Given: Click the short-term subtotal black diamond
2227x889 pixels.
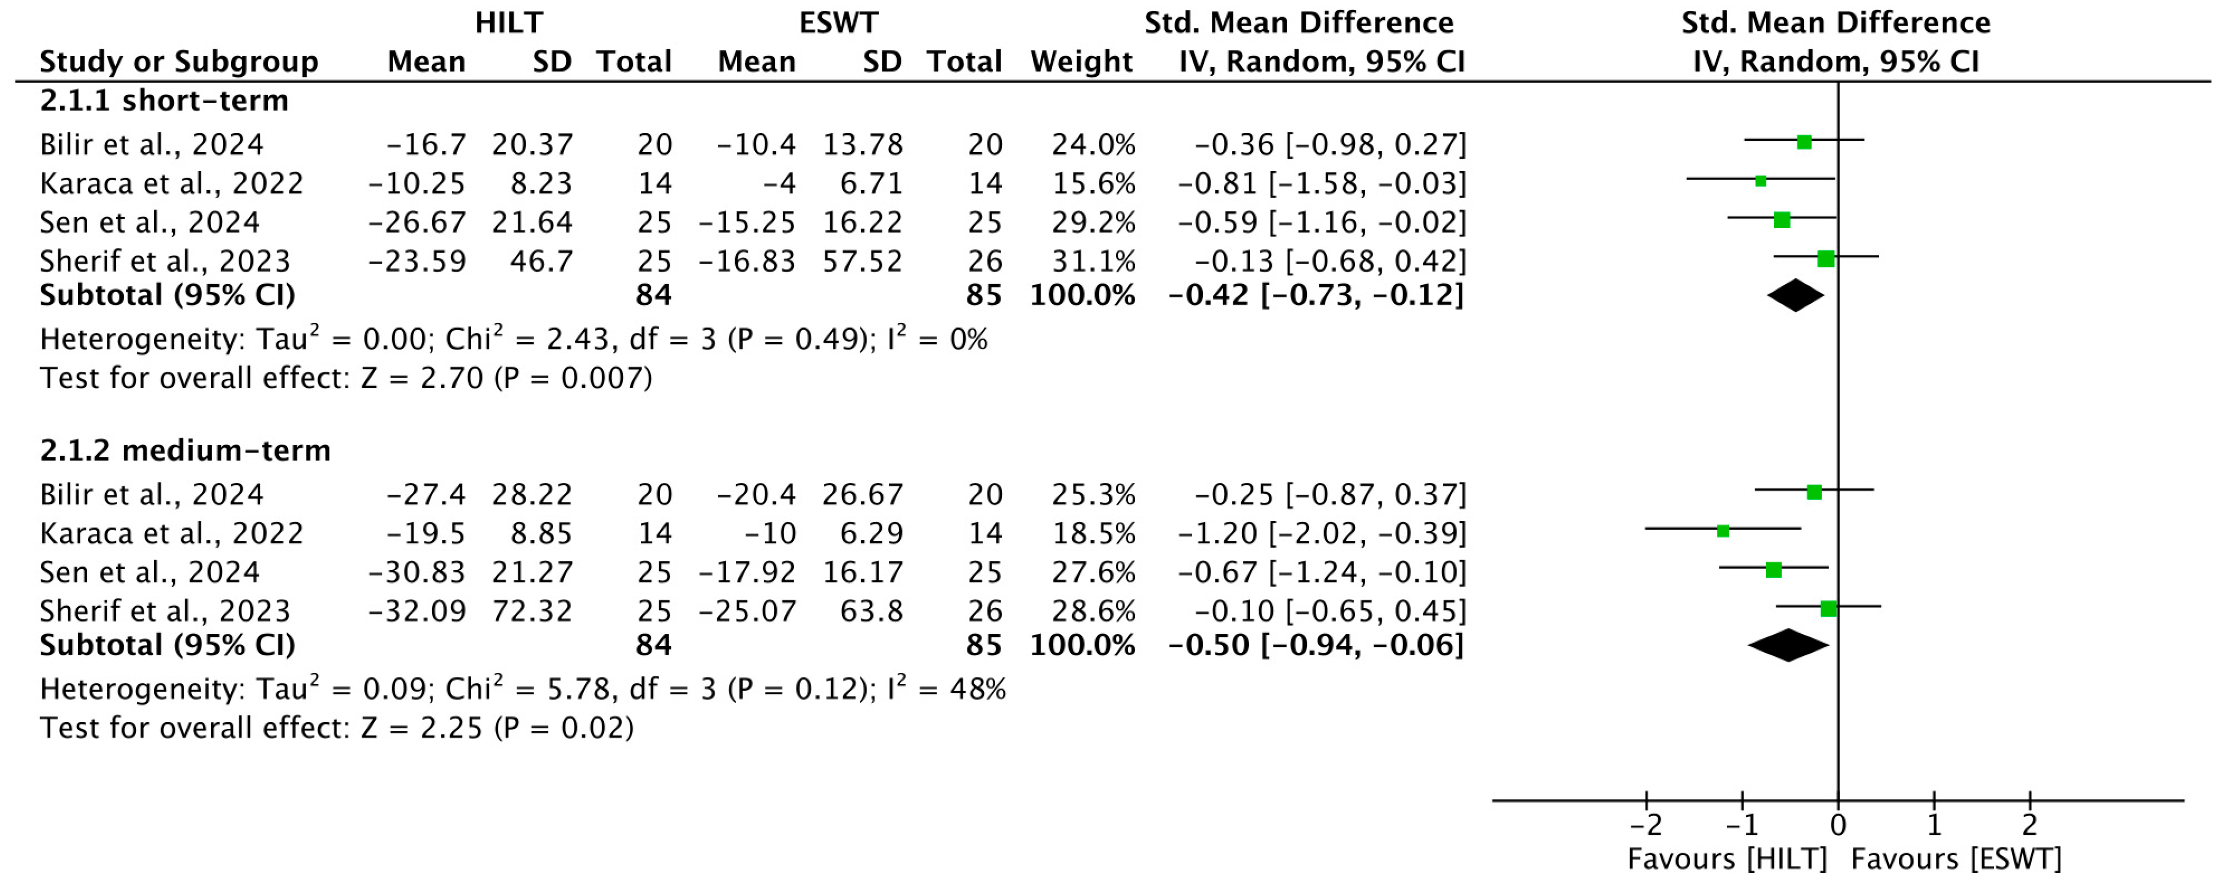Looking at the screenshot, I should pyautogui.click(x=1795, y=296).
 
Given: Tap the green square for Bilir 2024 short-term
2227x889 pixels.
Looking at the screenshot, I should pyautogui.click(x=1804, y=142).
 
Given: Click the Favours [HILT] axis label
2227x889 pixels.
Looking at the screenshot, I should pyautogui.click(x=1727, y=860).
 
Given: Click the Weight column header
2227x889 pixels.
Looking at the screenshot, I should pyautogui.click(x=1081, y=62).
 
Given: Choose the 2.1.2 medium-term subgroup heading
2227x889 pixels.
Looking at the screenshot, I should pyautogui.click(x=185, y=450).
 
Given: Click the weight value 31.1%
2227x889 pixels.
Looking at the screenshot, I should pyautogui.click(x=1093, y=261).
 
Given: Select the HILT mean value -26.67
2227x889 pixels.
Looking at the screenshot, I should pyautogui.click(x=417, y=222).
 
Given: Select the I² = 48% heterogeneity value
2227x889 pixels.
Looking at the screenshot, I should pyautogui.click(x=946, y=689).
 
